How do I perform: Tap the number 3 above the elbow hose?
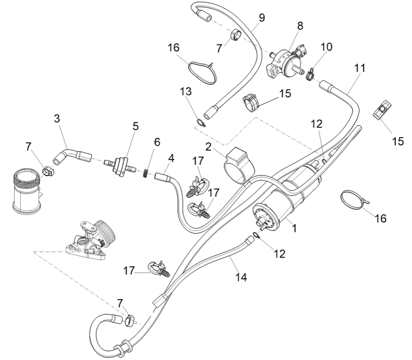pos(57,119)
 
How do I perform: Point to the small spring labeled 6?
pos(146,174)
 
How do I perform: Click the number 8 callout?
pos(300,26)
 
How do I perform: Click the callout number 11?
pos(360,68)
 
